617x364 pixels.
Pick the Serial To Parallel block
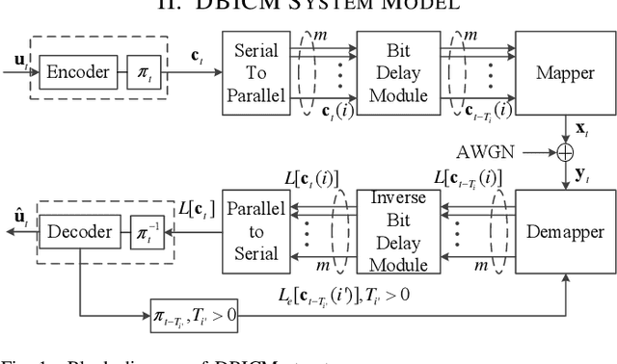[x=255, y=72]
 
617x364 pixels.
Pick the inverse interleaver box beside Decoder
[x=142, y=232]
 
